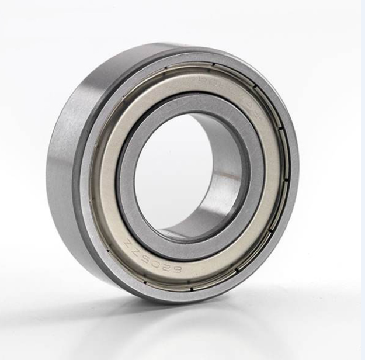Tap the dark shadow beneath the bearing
tap(193, 316)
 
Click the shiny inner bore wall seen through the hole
tap(225, 175)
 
